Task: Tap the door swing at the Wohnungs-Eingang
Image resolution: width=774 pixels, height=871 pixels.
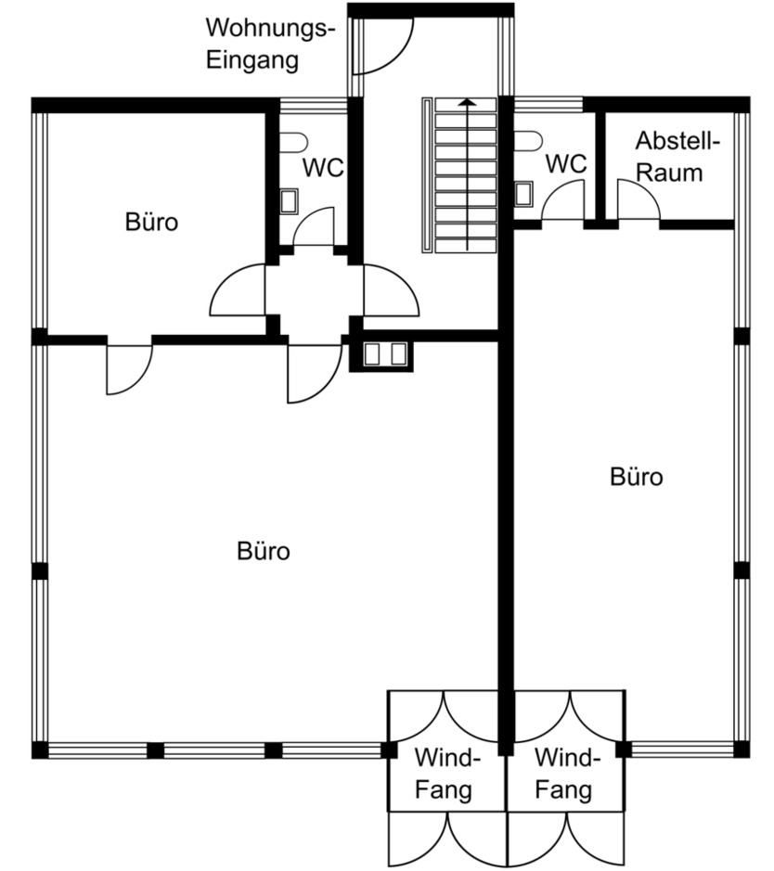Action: tap(384, 46)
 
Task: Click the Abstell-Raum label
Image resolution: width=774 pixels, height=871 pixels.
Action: tap(677, 157)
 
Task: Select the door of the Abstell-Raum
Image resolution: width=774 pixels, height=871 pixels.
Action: tap(637, 201)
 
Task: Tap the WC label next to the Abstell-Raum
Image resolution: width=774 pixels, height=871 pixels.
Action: tap(565, 164)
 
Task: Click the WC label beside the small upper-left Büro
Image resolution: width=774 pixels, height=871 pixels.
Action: tap(324, 169)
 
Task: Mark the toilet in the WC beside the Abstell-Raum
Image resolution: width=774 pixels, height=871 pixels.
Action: tap(528, 140)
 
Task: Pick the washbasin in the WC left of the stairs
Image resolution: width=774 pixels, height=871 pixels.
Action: tap(290, 200)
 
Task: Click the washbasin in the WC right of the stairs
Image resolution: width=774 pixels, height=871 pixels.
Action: tap(524, 193)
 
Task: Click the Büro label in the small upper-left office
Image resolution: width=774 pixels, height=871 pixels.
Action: tap(151, 223)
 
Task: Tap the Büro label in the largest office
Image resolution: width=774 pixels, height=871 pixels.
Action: tap(264, 551)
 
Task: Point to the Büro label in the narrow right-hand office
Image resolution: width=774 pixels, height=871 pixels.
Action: tap(637, 477)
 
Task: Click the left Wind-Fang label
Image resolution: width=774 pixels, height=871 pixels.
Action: tap(446, 774)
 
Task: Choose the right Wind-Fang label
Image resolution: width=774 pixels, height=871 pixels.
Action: tap(566, 774)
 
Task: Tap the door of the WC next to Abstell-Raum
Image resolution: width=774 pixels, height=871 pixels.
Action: tap(562, 202)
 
